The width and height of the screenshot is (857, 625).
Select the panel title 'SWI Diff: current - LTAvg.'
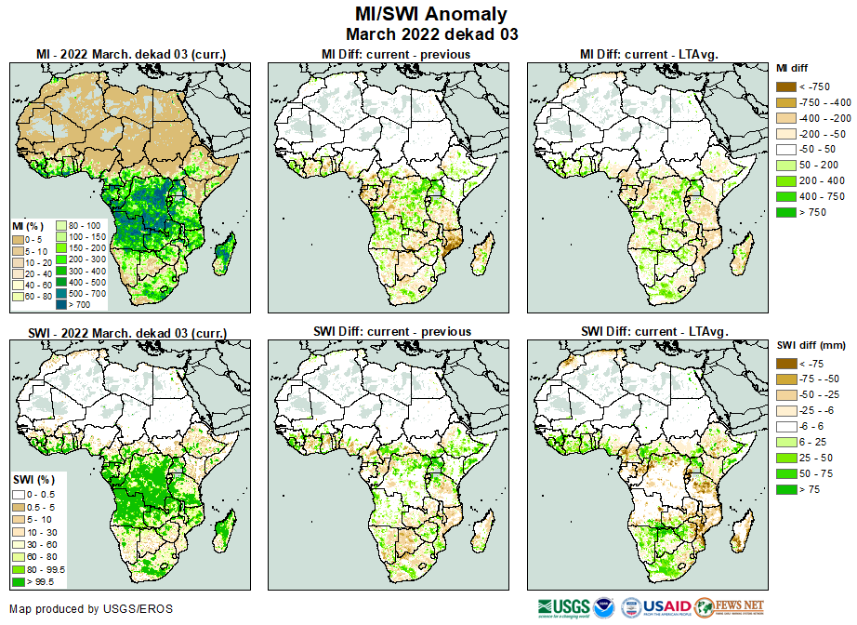(653, 331)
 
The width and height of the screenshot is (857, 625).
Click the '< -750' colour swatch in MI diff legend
(786, 86)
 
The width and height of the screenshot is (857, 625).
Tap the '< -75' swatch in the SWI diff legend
(786, 364)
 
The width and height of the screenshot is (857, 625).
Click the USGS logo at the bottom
(558, 607)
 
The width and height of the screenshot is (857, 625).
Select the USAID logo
(667, 607)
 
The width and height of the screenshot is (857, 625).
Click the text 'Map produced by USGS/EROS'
(91, 609)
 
